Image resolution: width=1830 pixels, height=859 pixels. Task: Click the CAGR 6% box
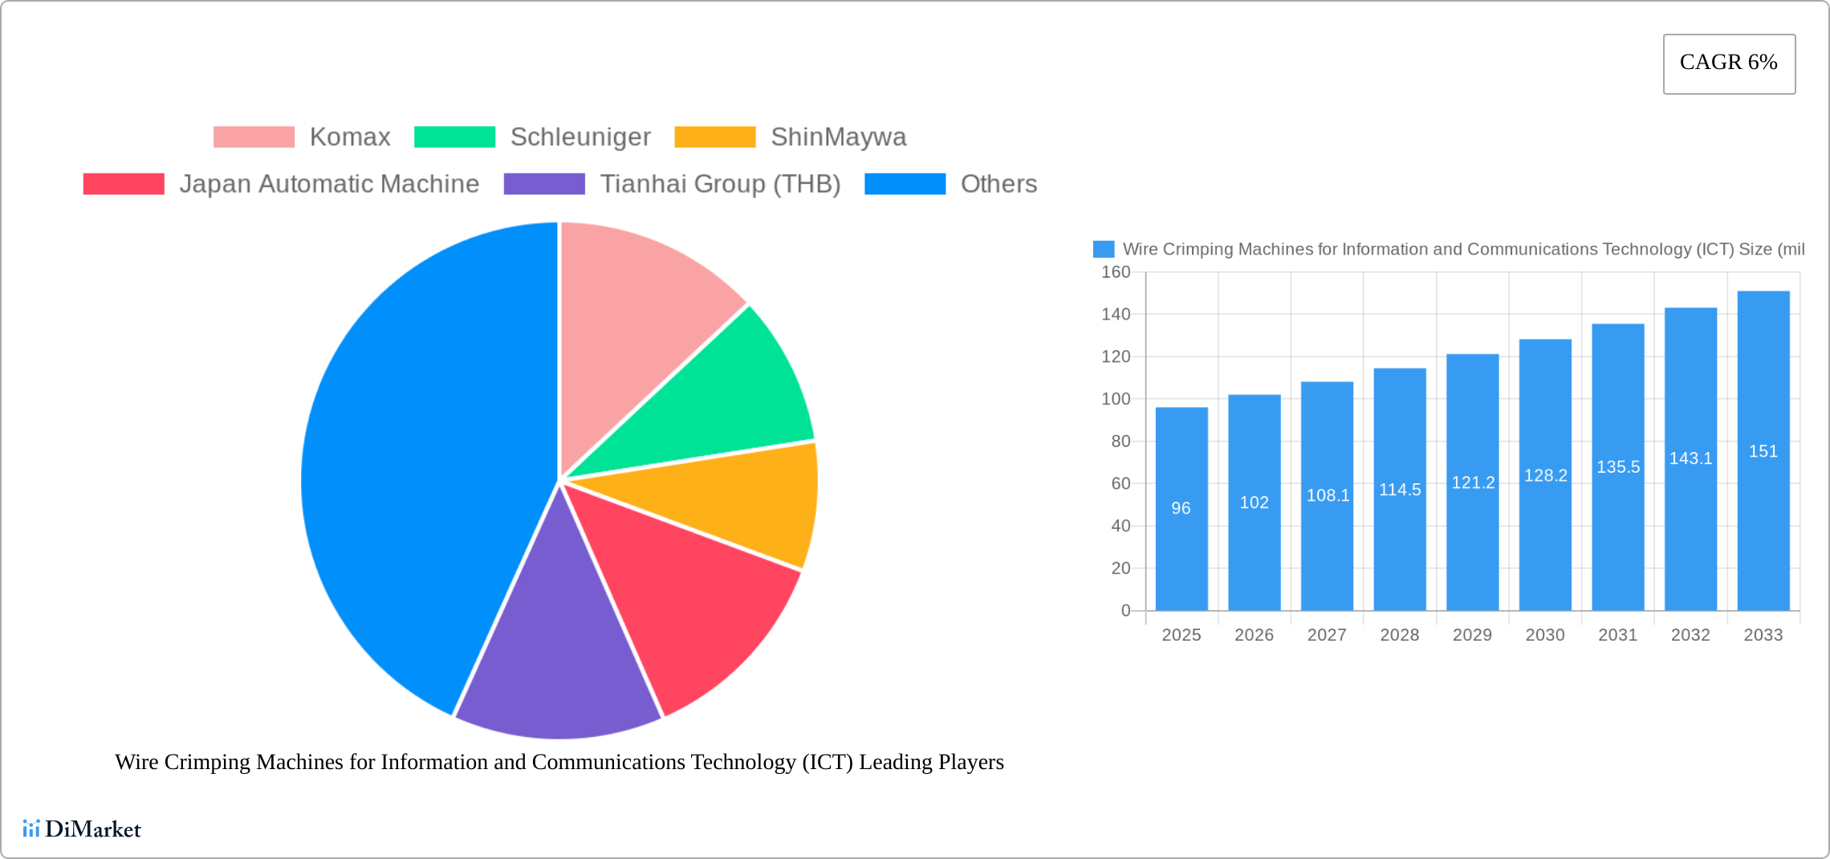pyautogui.click(x=1729, y=63)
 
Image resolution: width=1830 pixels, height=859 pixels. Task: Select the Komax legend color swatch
pyautogui.click(x=254, y=137)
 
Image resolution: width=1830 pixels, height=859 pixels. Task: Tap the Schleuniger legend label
pyautogui.click(x=580, y=137)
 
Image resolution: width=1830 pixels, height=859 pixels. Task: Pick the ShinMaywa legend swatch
pyautogui.click(x=714, y=137)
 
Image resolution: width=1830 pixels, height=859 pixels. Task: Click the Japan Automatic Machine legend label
pyautogui.click(x=329, y=184)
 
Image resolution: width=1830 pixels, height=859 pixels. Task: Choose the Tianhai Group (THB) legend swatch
pyautogui.click(x=544, y=184)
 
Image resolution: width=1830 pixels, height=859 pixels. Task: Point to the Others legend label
pyautogui.click(x=998, y=184)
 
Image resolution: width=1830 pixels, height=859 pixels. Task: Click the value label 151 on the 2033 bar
pyautogui.click(x=1763, y=451)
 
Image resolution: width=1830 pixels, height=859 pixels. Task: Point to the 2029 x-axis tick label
pyautogui.click(x=1472, y=635)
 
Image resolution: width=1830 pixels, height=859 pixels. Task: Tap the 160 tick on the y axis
pyautogui.click(x=1116, y=272)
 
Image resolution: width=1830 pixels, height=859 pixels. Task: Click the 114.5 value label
pyautogui.click(x=1400, y=490)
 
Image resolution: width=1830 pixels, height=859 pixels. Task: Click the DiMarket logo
pyautogui.click(x=82, y=828)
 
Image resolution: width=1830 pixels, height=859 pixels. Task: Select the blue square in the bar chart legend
pyautogui.click(x=1104, y=250)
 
